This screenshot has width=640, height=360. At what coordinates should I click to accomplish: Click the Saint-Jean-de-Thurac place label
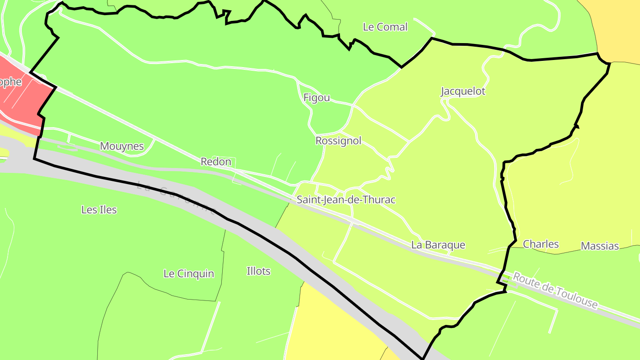346,200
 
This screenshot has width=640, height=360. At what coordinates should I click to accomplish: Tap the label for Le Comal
385,27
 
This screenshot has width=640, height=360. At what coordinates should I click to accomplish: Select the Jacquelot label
463,92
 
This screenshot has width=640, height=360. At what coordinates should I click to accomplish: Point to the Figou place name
316,98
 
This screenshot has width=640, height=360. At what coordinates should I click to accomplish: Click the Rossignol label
338,141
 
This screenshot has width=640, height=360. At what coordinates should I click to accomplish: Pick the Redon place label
216,162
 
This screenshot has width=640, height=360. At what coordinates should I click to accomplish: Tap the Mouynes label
122,146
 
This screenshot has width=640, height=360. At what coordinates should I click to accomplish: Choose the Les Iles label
99,210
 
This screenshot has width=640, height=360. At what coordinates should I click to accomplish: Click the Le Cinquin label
188,274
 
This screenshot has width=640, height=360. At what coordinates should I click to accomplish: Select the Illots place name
258,271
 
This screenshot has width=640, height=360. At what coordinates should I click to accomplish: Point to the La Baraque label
438,245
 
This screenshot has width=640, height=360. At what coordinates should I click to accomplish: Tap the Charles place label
540,244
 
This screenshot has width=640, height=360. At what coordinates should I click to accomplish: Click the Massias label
600,246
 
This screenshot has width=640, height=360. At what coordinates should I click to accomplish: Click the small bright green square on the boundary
505,279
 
